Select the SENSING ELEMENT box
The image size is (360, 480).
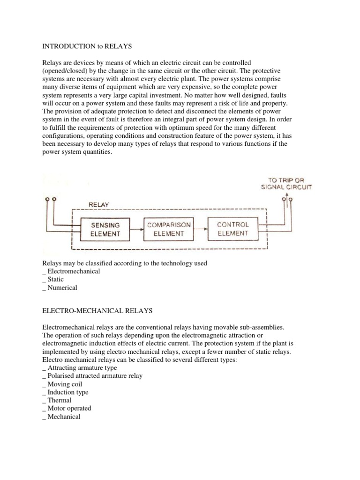click(105, 229)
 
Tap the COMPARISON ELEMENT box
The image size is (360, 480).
click(169, 229)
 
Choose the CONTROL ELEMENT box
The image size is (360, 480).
click(232, 228)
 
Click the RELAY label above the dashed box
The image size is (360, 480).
click(98, 205)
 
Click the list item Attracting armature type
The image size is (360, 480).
click(82, 368)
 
